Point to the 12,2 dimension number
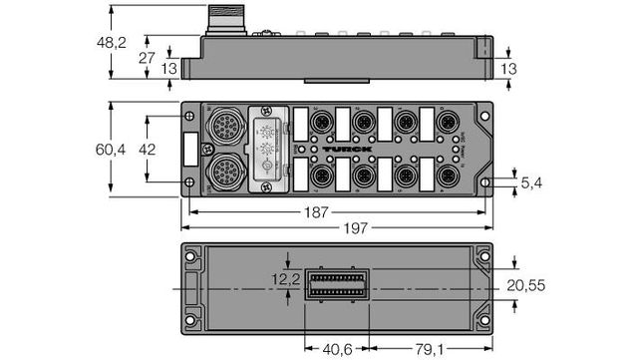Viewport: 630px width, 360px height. pos(286,283)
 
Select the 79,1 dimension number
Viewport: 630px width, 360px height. pos(430,350)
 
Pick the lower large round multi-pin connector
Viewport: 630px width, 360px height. pos(220,173)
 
